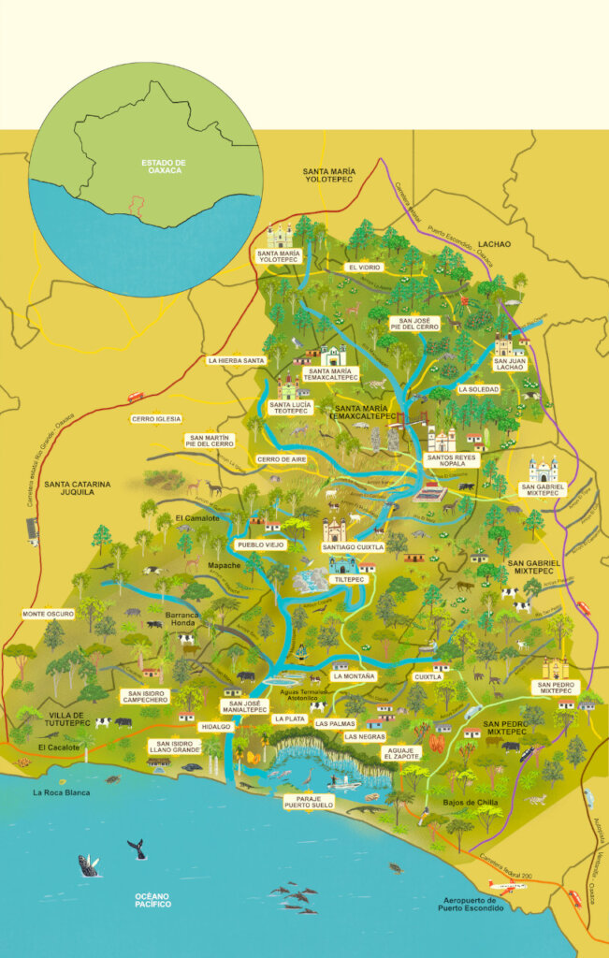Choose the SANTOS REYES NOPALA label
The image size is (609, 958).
(451, 461)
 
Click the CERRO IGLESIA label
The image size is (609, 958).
(156, 419)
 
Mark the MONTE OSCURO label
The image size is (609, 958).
(48, 615)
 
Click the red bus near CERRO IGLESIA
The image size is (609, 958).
(136, 397)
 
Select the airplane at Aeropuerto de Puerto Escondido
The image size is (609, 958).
(506, 886)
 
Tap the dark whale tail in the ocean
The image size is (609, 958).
(137, 848)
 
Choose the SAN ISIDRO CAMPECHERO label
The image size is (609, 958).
(144, 696)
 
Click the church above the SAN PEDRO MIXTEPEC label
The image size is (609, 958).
(555, 668)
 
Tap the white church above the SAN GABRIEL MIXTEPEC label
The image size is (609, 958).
(543, 469)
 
